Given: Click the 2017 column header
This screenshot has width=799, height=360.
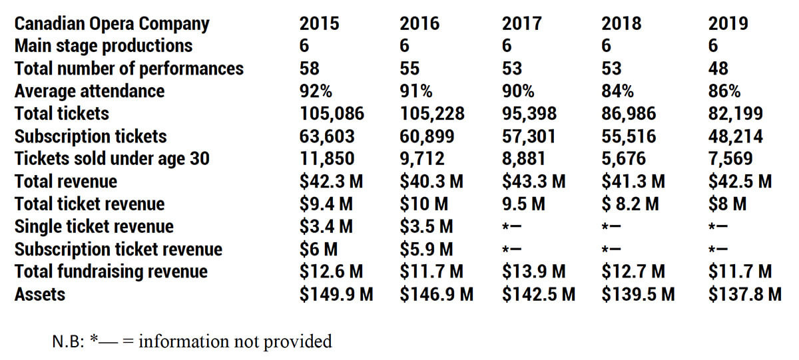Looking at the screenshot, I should click(x=521, y=24).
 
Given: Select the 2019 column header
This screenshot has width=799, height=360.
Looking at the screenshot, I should click(x=728, y=24).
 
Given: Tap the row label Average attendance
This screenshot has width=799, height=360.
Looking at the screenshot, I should click(x=89, y=91).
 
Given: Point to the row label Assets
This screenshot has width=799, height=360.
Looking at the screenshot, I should click(x=40, y=293).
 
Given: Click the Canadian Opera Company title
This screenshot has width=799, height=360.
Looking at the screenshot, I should click(x=112, y=24).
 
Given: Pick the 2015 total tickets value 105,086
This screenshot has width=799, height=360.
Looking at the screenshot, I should click(x=332, y=114).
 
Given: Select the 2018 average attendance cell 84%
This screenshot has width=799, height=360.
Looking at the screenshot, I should click(x=617, y=91).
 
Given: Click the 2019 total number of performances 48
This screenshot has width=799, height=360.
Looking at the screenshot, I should click(x=718, y=69).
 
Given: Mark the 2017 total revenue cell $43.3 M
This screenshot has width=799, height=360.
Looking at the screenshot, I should click(x=534, y=181).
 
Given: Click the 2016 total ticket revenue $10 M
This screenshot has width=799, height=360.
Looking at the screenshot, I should click(x=424, y=204).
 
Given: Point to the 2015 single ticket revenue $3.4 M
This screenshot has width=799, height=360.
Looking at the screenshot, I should click(x=326, y=226).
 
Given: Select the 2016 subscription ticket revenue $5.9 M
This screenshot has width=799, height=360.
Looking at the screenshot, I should click(x=426, y=249).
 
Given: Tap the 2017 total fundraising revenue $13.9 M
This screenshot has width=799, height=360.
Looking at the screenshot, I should click(x=534, y=271).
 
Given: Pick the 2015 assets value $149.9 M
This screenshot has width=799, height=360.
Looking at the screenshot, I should click(x=336, y=293).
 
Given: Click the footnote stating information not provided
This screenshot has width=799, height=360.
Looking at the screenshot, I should click(x=192, y=342).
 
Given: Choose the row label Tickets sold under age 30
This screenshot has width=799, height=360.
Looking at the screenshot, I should click(x=112, y=159).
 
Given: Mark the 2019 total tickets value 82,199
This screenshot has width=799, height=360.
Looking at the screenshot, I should click(x=736, y=114).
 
